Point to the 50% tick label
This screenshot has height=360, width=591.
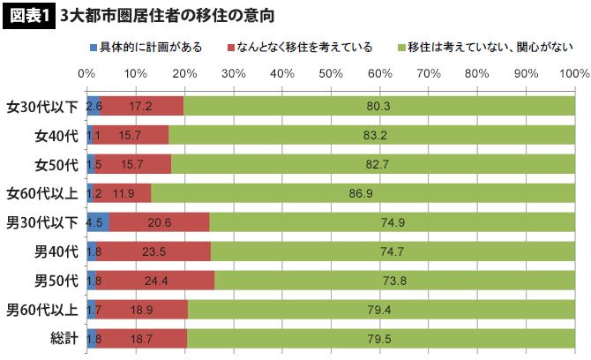coord(330,73)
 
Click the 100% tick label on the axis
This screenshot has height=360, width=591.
coord(573,73)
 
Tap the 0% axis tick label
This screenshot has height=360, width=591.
coord(86,73)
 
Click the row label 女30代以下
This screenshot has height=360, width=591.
coord(41,107)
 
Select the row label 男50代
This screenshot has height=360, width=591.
coord(56,281)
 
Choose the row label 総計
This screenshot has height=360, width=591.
coord(62,338)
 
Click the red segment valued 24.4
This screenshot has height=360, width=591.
coord(153,281)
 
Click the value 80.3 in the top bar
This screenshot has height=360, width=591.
coord(379,107)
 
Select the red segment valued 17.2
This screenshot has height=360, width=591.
coord(141,107)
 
